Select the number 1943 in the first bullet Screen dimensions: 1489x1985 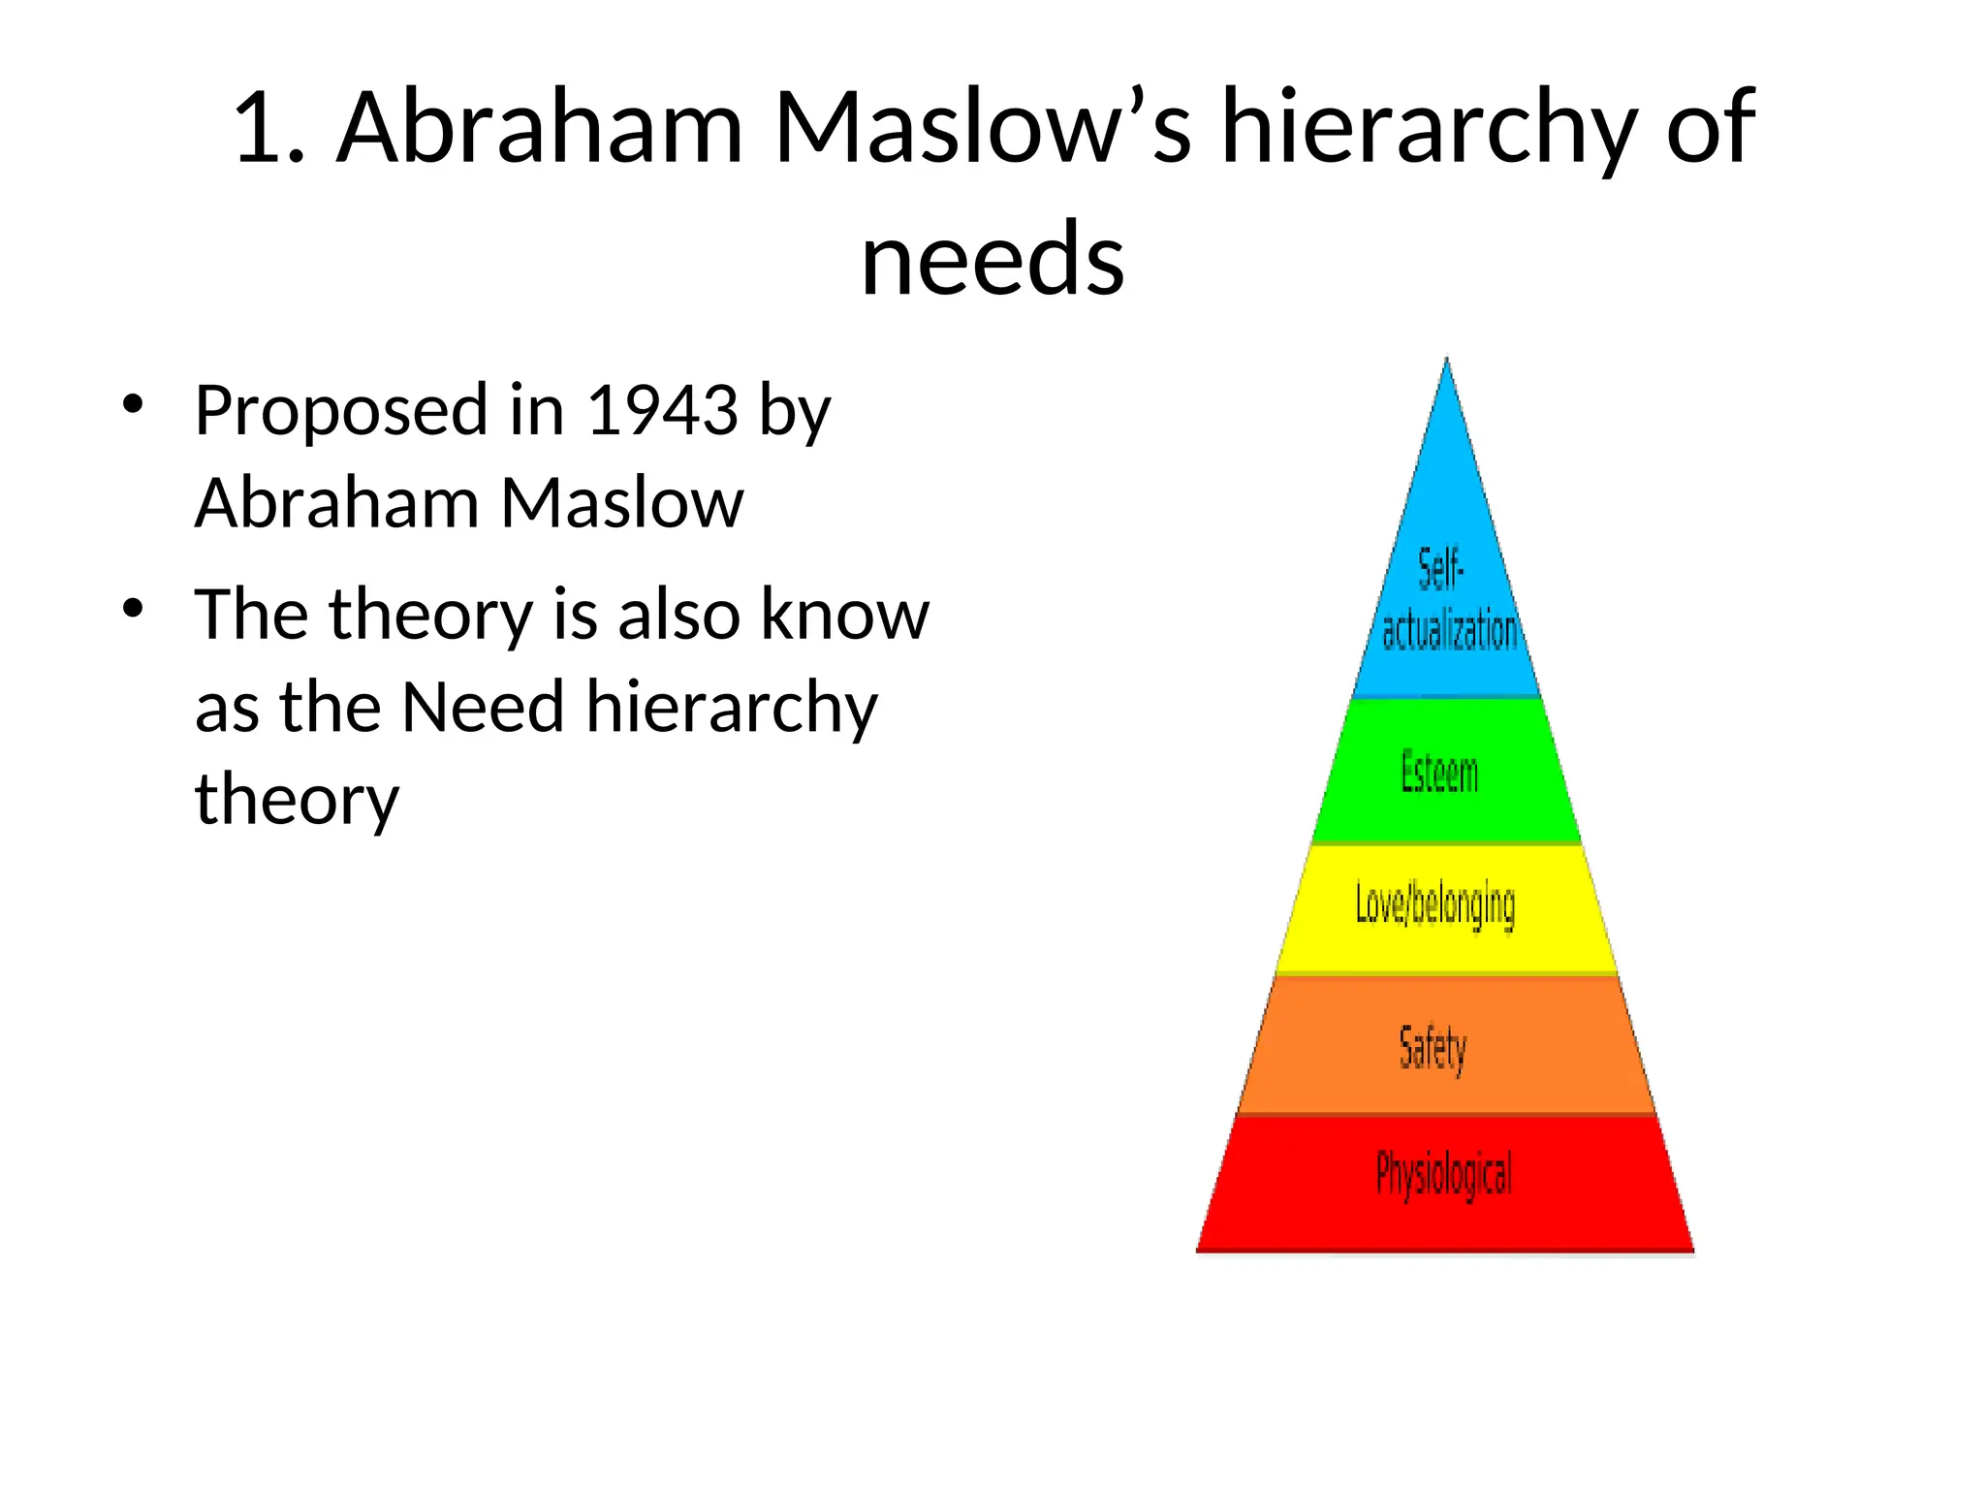[664, 410]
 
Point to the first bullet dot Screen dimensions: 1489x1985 [133, 404]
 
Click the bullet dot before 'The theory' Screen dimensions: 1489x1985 [133, 609]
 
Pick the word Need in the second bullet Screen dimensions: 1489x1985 [482, 707]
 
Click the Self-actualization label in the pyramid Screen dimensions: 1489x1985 [1447, 601]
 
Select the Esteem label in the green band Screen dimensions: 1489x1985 [1440, 773]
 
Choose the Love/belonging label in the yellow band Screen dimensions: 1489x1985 [1435, 905]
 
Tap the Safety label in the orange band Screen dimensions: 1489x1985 [1433, 1049]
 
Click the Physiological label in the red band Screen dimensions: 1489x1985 [1444, 1175]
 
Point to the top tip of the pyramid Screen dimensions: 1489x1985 [1447, 361]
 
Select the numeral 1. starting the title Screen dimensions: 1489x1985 [269, 128]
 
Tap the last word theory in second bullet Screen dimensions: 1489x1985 [297, 801]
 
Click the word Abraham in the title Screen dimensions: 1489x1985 [540, 128]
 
